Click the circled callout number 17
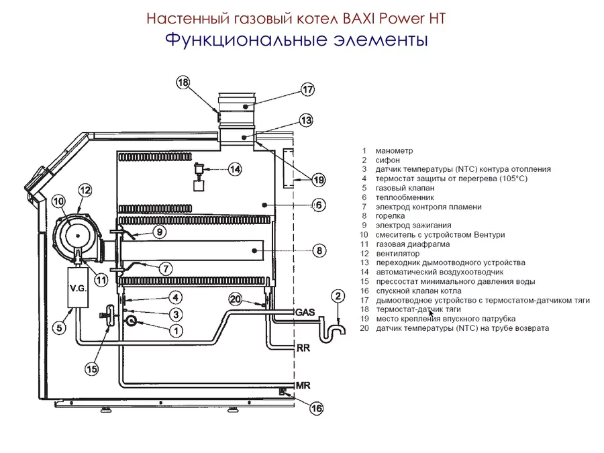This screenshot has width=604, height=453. coord(307,90)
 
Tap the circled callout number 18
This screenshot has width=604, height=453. coord(183,83)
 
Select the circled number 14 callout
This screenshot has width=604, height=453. coord(234,169)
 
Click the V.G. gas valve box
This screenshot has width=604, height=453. coord(79,288)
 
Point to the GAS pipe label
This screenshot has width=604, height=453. coord(305,313)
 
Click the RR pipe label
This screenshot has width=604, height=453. coord(303,349)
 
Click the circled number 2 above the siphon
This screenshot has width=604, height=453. coord(338,296)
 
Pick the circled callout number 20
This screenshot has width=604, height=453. coord(235,299)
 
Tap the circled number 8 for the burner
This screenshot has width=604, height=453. coord(319,250)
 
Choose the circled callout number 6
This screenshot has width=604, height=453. coord(319,205)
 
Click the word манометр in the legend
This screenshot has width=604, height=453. coord(395,151)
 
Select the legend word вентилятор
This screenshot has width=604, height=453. coord(397,254)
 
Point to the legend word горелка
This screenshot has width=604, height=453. coord(390,217)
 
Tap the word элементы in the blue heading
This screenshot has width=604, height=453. coord(381,40)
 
